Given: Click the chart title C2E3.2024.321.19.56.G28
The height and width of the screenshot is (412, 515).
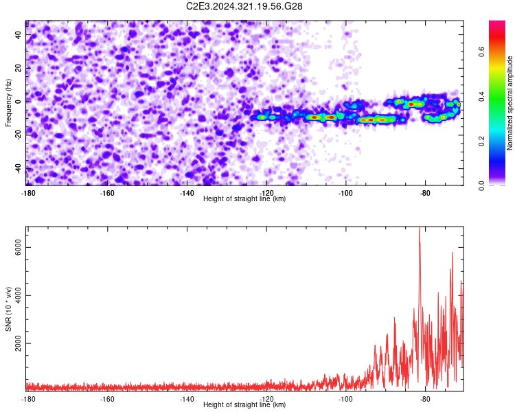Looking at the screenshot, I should [x=244, y=6].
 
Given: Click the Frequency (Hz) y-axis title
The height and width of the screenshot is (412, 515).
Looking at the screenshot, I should [x=8, y=103].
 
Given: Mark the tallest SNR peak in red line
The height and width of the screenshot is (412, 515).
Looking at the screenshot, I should [x=420, y=229].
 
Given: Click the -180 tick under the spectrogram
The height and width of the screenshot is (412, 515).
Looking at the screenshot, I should [x=28, y=193].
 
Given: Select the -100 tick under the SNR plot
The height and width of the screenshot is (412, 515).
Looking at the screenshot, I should [x=345, y=399].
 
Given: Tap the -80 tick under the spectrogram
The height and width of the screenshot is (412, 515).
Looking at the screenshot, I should [x=425, y=193].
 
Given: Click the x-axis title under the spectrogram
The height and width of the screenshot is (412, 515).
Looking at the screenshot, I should [x=244, y=199].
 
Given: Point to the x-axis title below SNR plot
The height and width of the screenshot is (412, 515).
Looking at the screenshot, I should [x=244, y=405].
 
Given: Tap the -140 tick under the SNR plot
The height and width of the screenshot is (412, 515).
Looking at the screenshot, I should [x=187, y=399].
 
